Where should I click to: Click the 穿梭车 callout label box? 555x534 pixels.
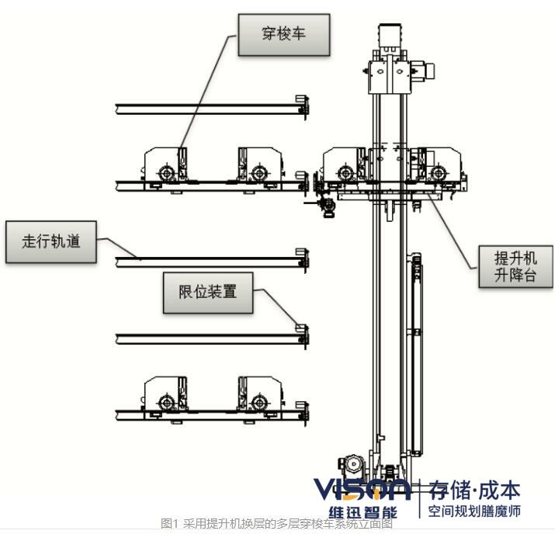tap(283, 34)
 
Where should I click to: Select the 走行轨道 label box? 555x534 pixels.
tap(51, 241)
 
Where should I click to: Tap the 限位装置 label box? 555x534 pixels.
tap(207, 293)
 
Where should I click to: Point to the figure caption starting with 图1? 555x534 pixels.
tap(276, 524)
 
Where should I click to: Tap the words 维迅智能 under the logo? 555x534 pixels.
tap(362, 512)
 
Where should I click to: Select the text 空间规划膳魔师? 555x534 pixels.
tap(473, 511)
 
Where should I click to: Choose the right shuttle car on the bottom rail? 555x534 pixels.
tap(259, 395)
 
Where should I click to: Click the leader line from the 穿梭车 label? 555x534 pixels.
tap(208, 93)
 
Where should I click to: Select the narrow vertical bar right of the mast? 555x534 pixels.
tap(418, 353)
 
